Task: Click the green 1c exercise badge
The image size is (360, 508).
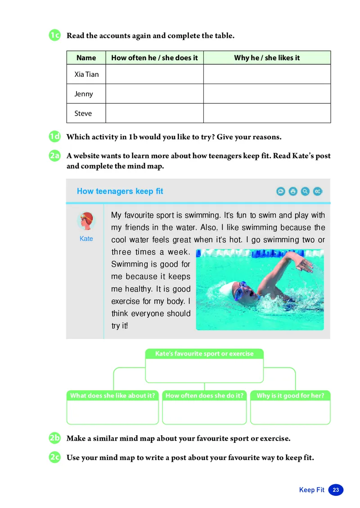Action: tap(54, 36)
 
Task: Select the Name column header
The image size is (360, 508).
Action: tap(86, 58)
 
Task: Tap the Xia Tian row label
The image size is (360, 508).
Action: tap(86, 74)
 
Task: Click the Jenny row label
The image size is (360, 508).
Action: tap(84, 94)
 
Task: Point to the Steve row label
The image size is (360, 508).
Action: tap(83, 113)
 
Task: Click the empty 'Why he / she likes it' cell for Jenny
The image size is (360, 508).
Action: tap(267, 94)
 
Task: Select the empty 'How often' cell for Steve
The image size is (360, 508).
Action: tap(154, 113)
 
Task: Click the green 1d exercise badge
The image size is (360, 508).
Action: tap(54, 137)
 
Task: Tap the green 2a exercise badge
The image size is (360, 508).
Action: tap(54, 156)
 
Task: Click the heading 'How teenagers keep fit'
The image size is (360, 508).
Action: tap(120, 191)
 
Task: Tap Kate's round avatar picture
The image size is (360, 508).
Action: tap(86, 221)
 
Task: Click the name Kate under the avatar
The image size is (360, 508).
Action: tap(86, 239)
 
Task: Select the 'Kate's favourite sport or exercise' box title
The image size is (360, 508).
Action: tap(204, 354)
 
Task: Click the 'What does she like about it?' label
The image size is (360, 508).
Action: tap(112, 396)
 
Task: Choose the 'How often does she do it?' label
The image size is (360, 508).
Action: tap(204, 396)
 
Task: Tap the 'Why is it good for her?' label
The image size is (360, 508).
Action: tap(290, 396)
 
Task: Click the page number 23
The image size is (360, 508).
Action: tap(336, 490)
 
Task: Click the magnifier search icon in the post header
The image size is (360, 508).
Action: tap(305, 192)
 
